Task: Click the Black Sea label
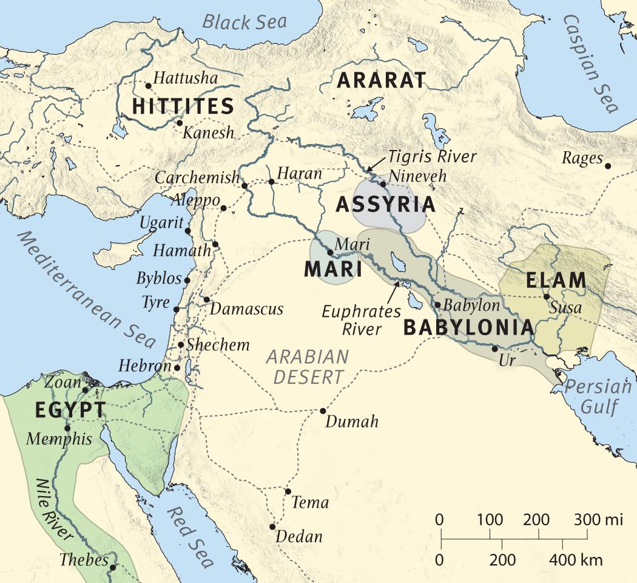(244, 22)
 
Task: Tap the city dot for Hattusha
(148, 86)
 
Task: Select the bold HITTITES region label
(183, 106)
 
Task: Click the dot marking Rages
(608, 165)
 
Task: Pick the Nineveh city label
(418, 176)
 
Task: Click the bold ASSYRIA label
(385, 205)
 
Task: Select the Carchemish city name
(197, 178)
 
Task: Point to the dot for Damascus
(206, 299)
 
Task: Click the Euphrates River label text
(361, 320)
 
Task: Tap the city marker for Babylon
(437, 304)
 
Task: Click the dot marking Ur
(495, 349)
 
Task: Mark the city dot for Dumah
(323, 411)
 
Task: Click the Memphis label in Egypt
(59, 439)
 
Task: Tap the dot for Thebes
(113, 567)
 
